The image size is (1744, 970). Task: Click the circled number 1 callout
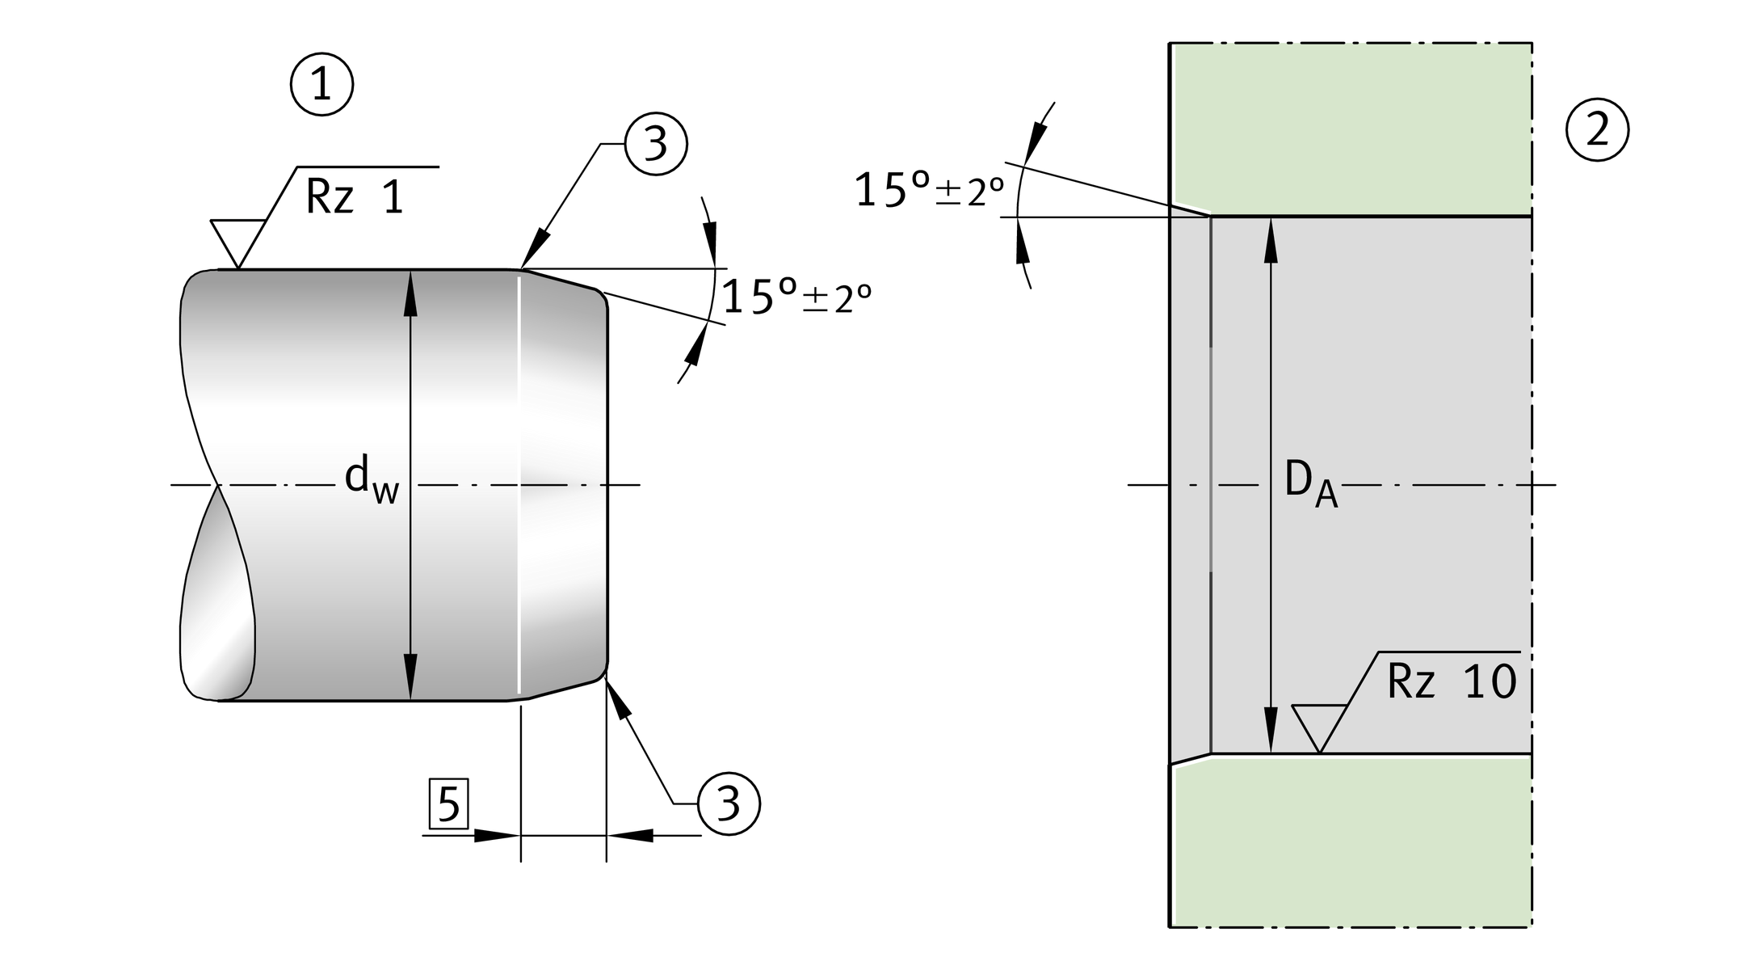click(x=321, y=85)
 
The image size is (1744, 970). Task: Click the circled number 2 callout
click(x=1597, y=130)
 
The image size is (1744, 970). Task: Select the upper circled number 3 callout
click(x=655, y=144)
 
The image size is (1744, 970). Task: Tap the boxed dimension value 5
click(x=448, y=804)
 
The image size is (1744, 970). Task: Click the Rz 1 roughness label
click(x=355, y=196)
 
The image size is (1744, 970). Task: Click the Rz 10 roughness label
click(x=1452, y=681)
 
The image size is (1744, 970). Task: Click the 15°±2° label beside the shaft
click(x=796, y=297)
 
